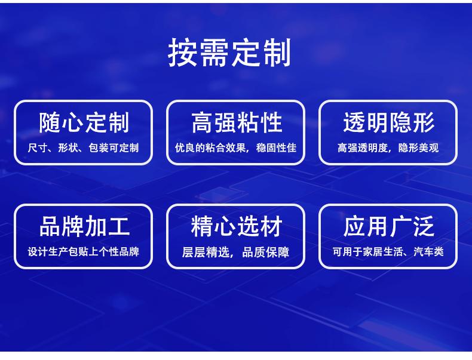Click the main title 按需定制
[x=229, y=53]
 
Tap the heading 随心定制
[x=84, y=122]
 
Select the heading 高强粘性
[x=237, y=122]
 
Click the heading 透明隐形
[x=388, y=122]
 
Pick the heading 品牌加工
[x=84, y=226]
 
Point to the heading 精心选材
[x=237, y=226]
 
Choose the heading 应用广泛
[x=388, y=226]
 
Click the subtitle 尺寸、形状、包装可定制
[x=84, y=147]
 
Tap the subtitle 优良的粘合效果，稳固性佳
[x=235, y=147]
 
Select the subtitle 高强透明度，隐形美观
[x=388, y=147]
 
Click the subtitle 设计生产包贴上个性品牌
[x=84, y=251]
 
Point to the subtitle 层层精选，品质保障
[x=235, y=252]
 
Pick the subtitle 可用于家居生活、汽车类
[x=388, y=251]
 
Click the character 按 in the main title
[x=182, y=53]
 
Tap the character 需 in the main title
[x=214, y=53]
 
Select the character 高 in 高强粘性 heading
[x=203, y=122]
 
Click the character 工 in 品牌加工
[x=119, y=226]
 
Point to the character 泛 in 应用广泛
[x=424, y=226]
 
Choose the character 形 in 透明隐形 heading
[x=424, y=122]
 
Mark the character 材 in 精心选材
[x=271, y=226]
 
